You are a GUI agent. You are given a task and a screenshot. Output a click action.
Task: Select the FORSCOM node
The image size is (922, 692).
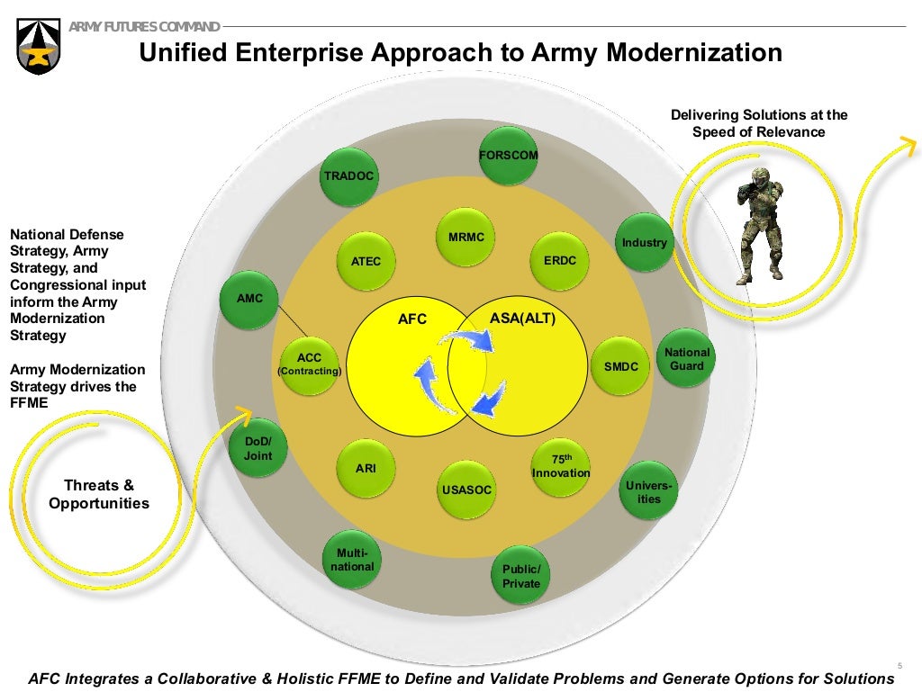(508, 156)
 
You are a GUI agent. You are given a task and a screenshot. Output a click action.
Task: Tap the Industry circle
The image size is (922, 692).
(645, 243)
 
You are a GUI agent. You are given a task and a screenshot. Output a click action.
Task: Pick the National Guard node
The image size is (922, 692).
(687, 359)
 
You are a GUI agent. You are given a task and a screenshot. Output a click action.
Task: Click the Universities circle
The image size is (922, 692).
(648, 491)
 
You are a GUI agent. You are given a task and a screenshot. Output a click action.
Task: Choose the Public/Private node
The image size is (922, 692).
(520, 577)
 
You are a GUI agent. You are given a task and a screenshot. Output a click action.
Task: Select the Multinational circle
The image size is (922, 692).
(352, 560)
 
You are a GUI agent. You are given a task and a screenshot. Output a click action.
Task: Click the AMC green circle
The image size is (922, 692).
(249, 298)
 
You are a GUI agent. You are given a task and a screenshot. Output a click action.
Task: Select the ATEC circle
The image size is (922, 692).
(366, 262)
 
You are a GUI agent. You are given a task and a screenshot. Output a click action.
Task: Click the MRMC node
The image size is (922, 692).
(466, 238)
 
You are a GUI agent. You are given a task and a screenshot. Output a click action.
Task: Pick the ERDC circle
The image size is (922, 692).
(560, 261)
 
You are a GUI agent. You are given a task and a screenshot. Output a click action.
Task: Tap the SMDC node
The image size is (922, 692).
(620, 366)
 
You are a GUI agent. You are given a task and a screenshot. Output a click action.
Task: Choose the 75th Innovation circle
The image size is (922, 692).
(561, 467)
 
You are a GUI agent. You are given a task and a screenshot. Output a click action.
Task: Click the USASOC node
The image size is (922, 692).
(466, 490)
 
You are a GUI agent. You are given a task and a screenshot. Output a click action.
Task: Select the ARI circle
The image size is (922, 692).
(366, 469)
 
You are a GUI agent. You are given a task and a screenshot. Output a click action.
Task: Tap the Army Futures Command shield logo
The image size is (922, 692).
(40, 48)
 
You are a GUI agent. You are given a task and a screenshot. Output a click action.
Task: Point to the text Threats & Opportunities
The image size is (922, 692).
(99, 494)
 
